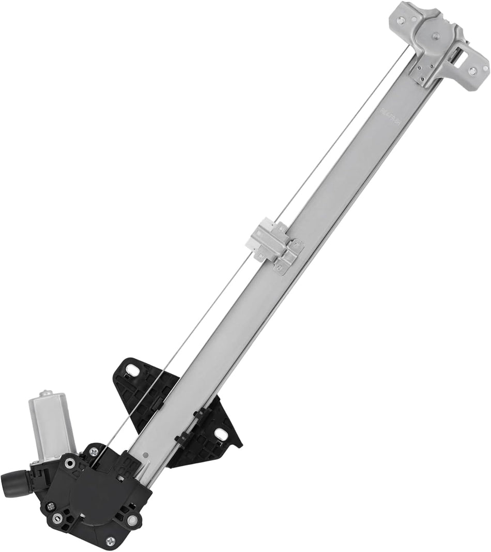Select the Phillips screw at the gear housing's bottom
[110, 541]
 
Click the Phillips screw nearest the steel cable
[94, 452]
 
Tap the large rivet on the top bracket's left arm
[401, 20]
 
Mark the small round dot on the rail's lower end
[147, 454]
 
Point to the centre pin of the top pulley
[435, 36]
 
